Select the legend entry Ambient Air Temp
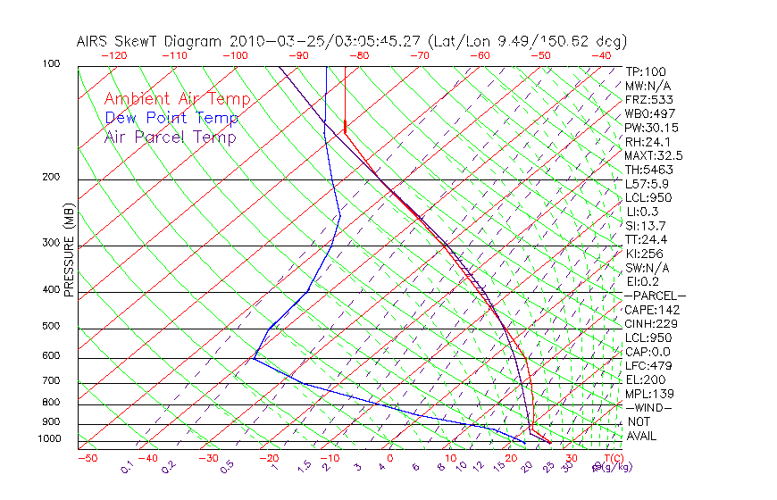coord(177,99)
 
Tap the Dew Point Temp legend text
coord(171,118)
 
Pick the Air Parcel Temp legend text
coord(170,137)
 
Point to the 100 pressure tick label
coord(52,64)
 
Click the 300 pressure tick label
coord(52,243)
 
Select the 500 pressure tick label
coord(52,327)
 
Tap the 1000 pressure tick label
coord(49,439)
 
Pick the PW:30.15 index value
coord(650,128)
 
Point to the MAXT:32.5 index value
coord(653,155)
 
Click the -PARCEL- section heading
coord(655,296)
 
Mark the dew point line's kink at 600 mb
coord(254,359)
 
